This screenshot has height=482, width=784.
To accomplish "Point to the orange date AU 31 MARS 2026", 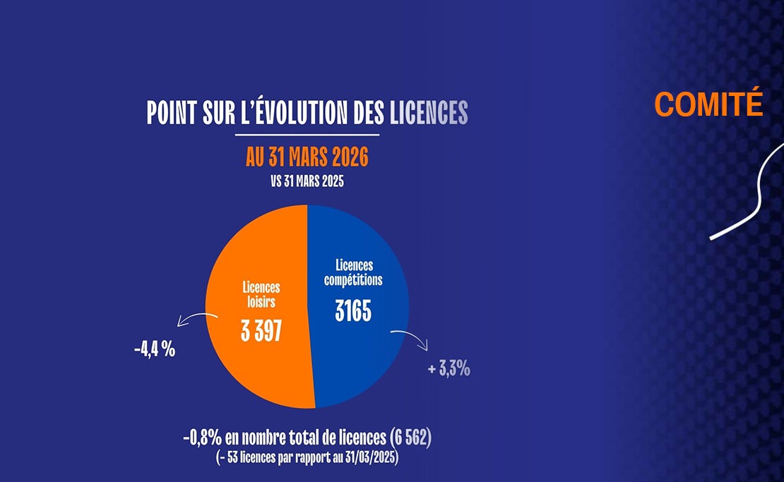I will [307, 157].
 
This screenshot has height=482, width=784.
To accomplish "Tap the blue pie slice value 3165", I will [352, 311].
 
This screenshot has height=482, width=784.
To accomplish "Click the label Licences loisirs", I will [261, 295].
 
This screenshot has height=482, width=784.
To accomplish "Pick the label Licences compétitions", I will [353, 272].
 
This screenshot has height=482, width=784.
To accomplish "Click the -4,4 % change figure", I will [154, 349].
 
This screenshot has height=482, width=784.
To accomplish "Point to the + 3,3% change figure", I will [449, 368].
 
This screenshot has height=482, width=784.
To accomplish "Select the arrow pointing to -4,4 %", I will [196, 320].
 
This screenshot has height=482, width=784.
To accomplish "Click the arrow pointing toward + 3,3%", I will [411, 337].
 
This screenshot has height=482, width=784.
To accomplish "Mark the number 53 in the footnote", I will [234, 457].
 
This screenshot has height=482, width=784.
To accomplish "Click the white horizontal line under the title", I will [307, 134].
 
